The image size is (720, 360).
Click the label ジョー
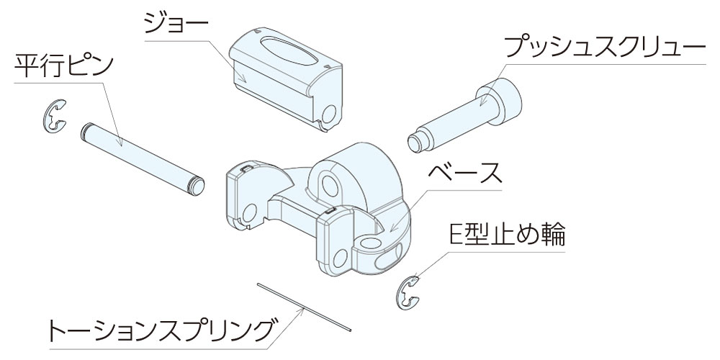point(176,23)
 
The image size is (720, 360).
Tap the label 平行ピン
point(64,66)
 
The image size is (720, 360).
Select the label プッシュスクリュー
point(604,47)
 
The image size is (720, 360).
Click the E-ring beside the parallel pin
point(55,117)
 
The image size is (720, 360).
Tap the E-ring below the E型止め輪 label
point(408,293)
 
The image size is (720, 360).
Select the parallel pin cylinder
point(143,159)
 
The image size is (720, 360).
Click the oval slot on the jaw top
point(283,50)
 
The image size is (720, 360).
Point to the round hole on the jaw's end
point(329,114)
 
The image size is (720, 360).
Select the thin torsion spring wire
point(304,307)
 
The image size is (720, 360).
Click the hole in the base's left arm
point(249,213)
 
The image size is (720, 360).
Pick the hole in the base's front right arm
point(341,258)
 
